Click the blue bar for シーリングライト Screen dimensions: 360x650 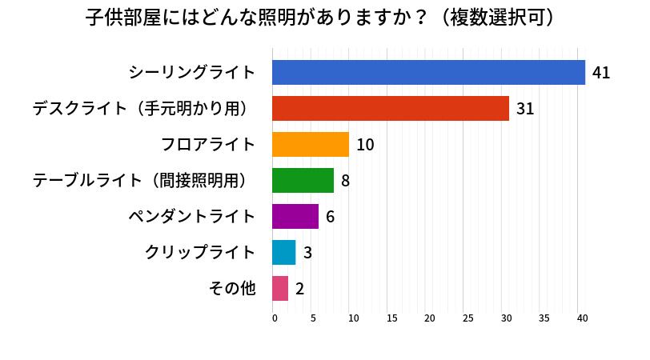(428, 73)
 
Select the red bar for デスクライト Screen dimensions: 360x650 (391, 109)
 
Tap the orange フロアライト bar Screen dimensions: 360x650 (311, 145)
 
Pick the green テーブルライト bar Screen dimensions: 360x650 (303, 181)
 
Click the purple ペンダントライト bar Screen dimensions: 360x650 (295, 217)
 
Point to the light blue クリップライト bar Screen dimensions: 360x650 (284, 253)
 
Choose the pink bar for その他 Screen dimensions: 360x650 (280, 289)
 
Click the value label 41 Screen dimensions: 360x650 (601, 74)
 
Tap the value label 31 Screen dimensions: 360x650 (525, 110)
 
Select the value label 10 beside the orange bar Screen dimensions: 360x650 (365, 146)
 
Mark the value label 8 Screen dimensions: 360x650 (346, 182)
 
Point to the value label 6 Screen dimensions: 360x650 (330, 218)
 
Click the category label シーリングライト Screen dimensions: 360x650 (192, 73)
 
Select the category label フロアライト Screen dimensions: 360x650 (208, 145)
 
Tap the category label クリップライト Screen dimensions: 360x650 (200, 253)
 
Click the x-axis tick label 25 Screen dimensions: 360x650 (467, 318)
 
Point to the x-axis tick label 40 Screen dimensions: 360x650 (583, 318)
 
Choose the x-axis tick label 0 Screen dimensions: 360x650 (275, 318)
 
